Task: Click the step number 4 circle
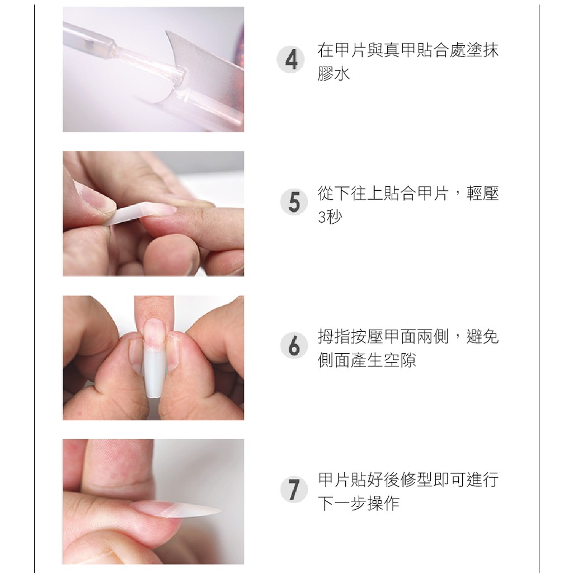291,59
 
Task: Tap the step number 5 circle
294,201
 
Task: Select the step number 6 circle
294,345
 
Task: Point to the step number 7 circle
294,489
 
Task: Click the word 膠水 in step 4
334,73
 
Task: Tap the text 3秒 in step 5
330,217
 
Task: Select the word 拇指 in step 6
334,336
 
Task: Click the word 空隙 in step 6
400,360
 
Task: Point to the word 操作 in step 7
383,503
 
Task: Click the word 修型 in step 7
416,480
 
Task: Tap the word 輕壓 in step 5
482,193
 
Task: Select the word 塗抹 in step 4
482,50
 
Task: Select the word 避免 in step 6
482,336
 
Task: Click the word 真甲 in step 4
400,50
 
